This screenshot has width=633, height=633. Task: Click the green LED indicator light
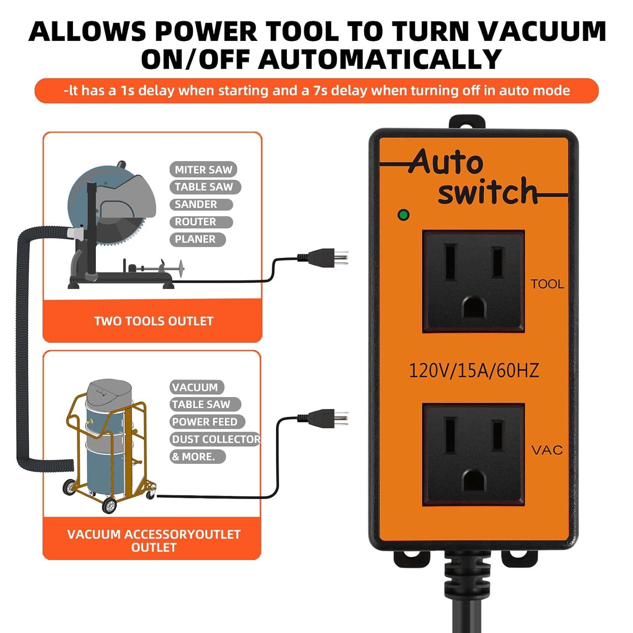[403, 215]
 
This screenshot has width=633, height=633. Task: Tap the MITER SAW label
[203, 170]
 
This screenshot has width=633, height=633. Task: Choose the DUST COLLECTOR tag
[215, 439]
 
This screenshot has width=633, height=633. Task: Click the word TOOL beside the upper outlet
[547, 284]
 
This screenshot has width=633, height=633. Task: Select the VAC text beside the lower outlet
[547, 450]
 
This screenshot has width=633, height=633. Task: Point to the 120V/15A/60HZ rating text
[473, 371]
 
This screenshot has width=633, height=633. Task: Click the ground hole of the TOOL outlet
[474, 307]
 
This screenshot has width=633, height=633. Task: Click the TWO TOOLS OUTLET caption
[153, 321]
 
